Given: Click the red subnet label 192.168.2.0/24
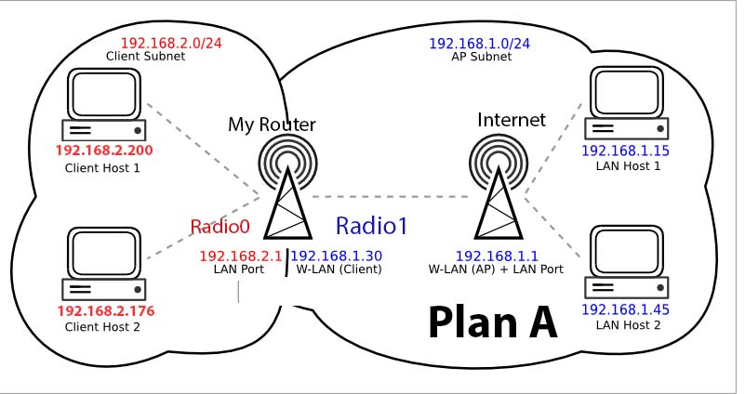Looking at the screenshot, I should (x=170, y=43).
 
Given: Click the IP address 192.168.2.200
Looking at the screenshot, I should (x=103, y=151).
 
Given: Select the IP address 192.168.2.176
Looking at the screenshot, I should (x=103, y=310).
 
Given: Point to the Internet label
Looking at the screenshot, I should (x=511, y=120).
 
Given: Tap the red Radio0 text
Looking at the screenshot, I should (x=220, y=227).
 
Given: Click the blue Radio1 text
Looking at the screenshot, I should (x=371, y=226).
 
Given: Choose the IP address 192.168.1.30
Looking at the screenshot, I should (x=338, y=256).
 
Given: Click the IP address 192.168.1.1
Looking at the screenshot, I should (x=495, y=256).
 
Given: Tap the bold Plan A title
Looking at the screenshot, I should (x=492, y=322).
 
